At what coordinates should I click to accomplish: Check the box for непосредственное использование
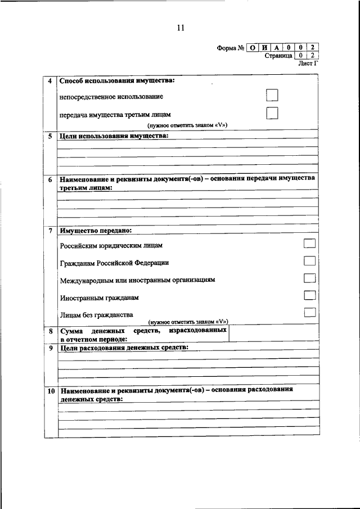(272, 96)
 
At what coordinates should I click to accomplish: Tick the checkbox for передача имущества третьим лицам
(272, 113)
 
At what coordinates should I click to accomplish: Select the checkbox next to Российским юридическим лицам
(309, 244)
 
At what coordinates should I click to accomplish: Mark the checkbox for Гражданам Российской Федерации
(309, 261)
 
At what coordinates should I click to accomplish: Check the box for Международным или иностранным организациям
(309, 278)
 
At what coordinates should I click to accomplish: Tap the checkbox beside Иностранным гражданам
(309, 295)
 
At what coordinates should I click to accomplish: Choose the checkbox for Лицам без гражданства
(309, 313)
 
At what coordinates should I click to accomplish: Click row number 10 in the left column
(50, 390)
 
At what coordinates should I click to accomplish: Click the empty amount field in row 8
(274, 335)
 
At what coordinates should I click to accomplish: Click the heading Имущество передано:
(96, 231)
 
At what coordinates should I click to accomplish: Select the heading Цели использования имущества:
(114, 136)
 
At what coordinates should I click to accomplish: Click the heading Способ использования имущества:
(117, 80)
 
